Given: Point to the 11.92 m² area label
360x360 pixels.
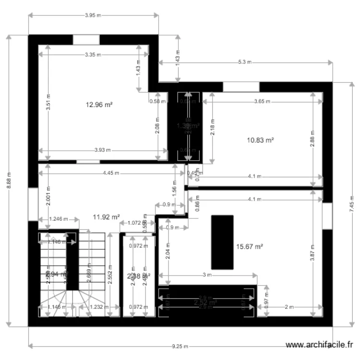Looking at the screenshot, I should click(x=106, y=217).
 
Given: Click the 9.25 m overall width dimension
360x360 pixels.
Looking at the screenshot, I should click(x=180, y=346).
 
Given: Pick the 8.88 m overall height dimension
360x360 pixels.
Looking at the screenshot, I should click(x=9, y=180).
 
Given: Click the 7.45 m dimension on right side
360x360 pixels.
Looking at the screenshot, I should click(x=352, y=204).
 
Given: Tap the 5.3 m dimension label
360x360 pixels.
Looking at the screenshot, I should click(x=245, y=62).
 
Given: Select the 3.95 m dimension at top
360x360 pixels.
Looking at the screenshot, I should click(x=93, y=15).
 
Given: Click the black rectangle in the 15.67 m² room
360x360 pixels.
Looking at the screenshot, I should click(x=222, y=242).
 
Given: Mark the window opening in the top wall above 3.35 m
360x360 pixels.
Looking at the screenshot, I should click(x=86, y=39).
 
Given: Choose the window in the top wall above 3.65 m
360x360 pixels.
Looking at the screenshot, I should click(x=241, y=87).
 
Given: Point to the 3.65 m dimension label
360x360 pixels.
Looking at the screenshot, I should click(x=262, y=102).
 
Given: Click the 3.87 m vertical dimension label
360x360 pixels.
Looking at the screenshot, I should click(x=312, y=253).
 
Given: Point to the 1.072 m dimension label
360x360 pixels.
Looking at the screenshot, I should click(x=134, y=223).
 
